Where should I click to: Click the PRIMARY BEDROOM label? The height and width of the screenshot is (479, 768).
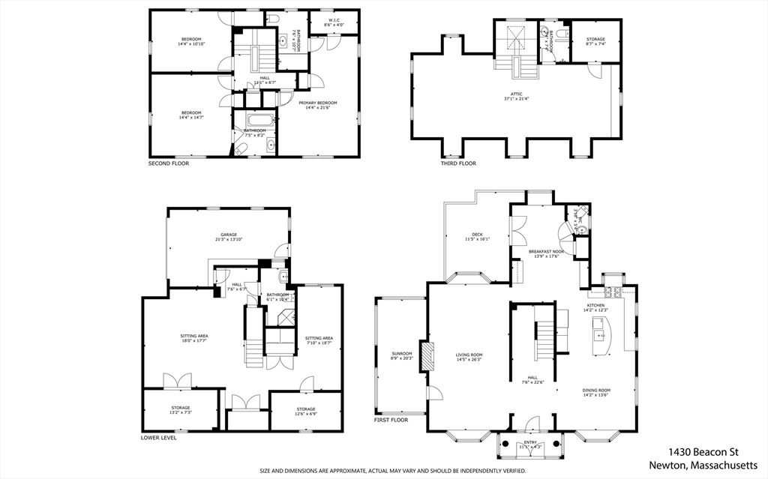[x=317, y=103]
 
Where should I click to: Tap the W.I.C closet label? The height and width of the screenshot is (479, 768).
[x=334, y=20]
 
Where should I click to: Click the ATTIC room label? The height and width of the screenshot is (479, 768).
[x=517, y=94]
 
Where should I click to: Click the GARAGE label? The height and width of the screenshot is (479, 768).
[x=229, y=235]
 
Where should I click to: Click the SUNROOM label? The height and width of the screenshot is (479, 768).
[x=401, y=353]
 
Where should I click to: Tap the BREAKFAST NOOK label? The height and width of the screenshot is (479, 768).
[x=546, y=251]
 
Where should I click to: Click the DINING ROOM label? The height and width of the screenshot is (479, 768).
[x=597, y=390]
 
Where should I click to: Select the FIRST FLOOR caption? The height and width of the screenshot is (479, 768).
[x=391, y=421]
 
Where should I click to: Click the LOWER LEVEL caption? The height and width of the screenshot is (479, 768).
[x=159, y=438]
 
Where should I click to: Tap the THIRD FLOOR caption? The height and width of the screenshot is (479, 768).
[x=457, y=163]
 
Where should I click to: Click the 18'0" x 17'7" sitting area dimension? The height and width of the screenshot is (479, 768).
[x=193, y=341]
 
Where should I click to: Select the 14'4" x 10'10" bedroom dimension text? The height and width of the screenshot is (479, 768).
[x=191, y=44]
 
